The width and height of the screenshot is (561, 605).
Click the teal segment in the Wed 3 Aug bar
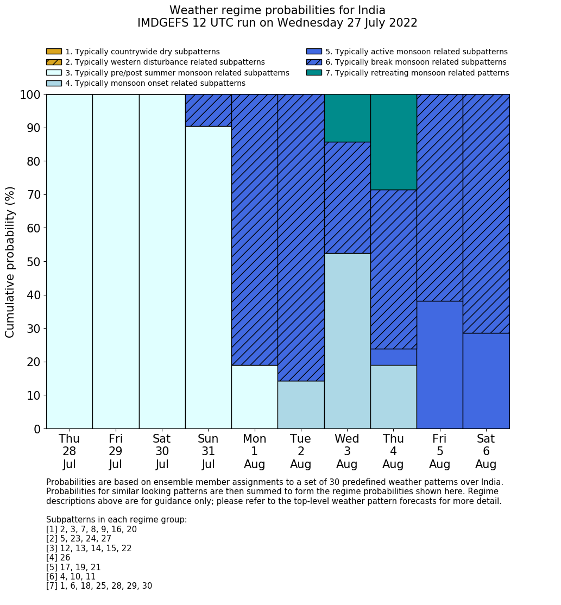[347, 118]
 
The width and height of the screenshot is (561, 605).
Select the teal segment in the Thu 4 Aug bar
[393, 142]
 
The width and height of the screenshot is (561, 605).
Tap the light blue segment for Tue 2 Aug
[301, 405]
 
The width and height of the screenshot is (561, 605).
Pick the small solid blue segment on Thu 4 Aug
[393, 357]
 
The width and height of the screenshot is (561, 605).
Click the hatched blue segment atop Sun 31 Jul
[208, 110]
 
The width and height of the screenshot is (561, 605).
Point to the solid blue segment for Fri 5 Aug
[439, 364]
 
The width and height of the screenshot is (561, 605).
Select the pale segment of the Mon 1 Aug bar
[254, 396]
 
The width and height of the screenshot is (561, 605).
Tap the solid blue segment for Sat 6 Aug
[486, 381]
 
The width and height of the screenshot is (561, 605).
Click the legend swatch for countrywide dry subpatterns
[54, 52]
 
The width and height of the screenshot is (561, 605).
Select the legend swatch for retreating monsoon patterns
[314, 73]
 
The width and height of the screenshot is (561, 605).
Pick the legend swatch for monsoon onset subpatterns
[54, 83]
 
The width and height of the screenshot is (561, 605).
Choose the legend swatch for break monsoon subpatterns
[314, 62]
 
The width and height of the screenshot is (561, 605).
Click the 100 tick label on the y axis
[30, 95]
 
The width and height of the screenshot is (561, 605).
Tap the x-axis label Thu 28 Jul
[69, 451]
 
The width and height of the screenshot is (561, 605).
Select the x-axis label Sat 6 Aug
[486, 451]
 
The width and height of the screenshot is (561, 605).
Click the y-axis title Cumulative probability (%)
[10, 262]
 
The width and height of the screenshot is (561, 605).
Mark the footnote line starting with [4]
[58, 558]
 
